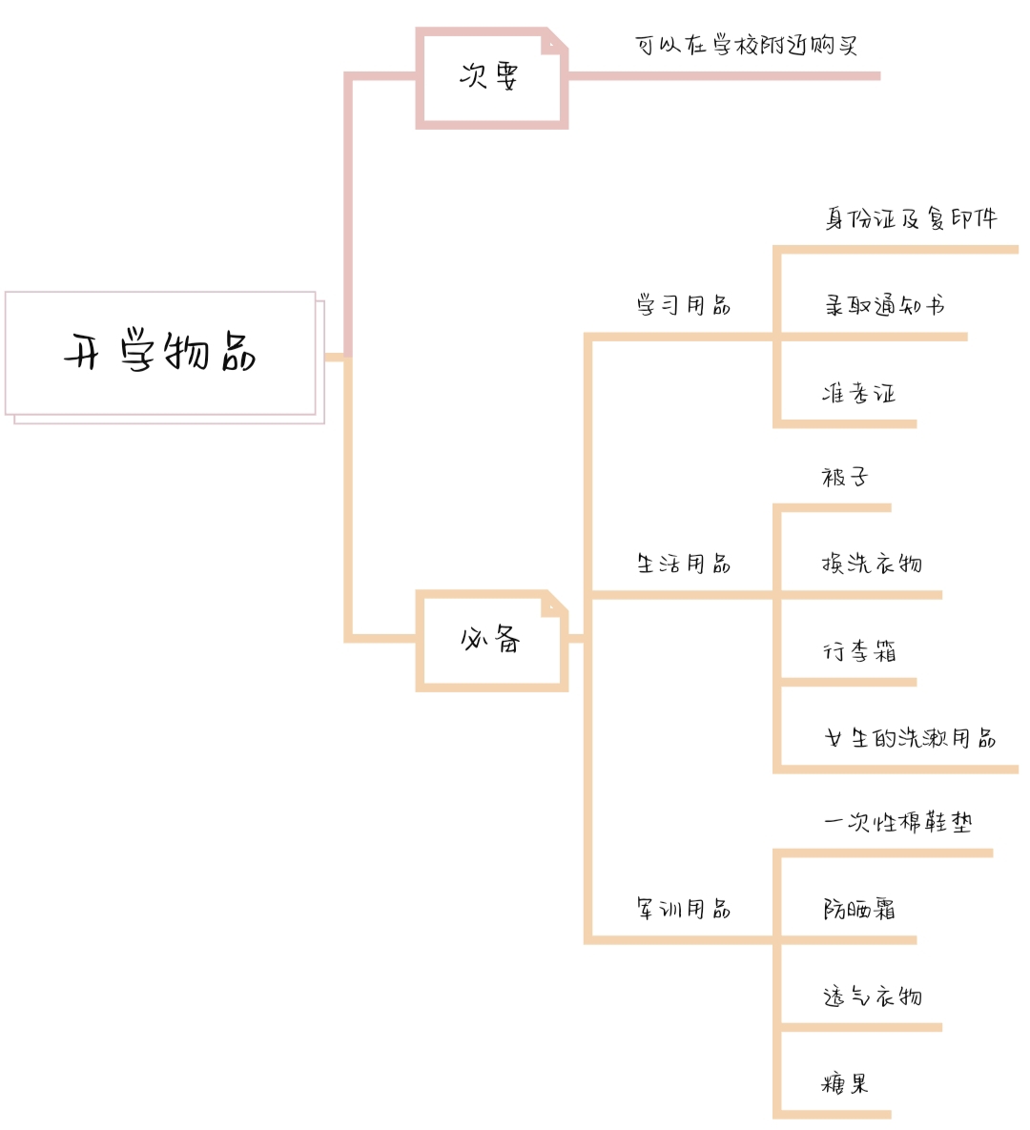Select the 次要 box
[491, 78]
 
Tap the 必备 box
[491, 641]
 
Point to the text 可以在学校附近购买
[746, 46]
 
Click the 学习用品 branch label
[683, 305]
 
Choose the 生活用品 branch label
[683, 563]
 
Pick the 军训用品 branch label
[683, 908]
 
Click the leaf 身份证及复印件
[911, 218]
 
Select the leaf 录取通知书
[884, 305]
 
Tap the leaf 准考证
[858, 393]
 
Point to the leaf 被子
[845, 477]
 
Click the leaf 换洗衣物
[872, 563]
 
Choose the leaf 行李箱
[859, 651]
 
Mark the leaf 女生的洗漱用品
[911, 738]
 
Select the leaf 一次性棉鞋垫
[898, 822]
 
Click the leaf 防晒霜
[859, 909]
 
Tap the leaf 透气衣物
[872, 996]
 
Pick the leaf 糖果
[845, 1083]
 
